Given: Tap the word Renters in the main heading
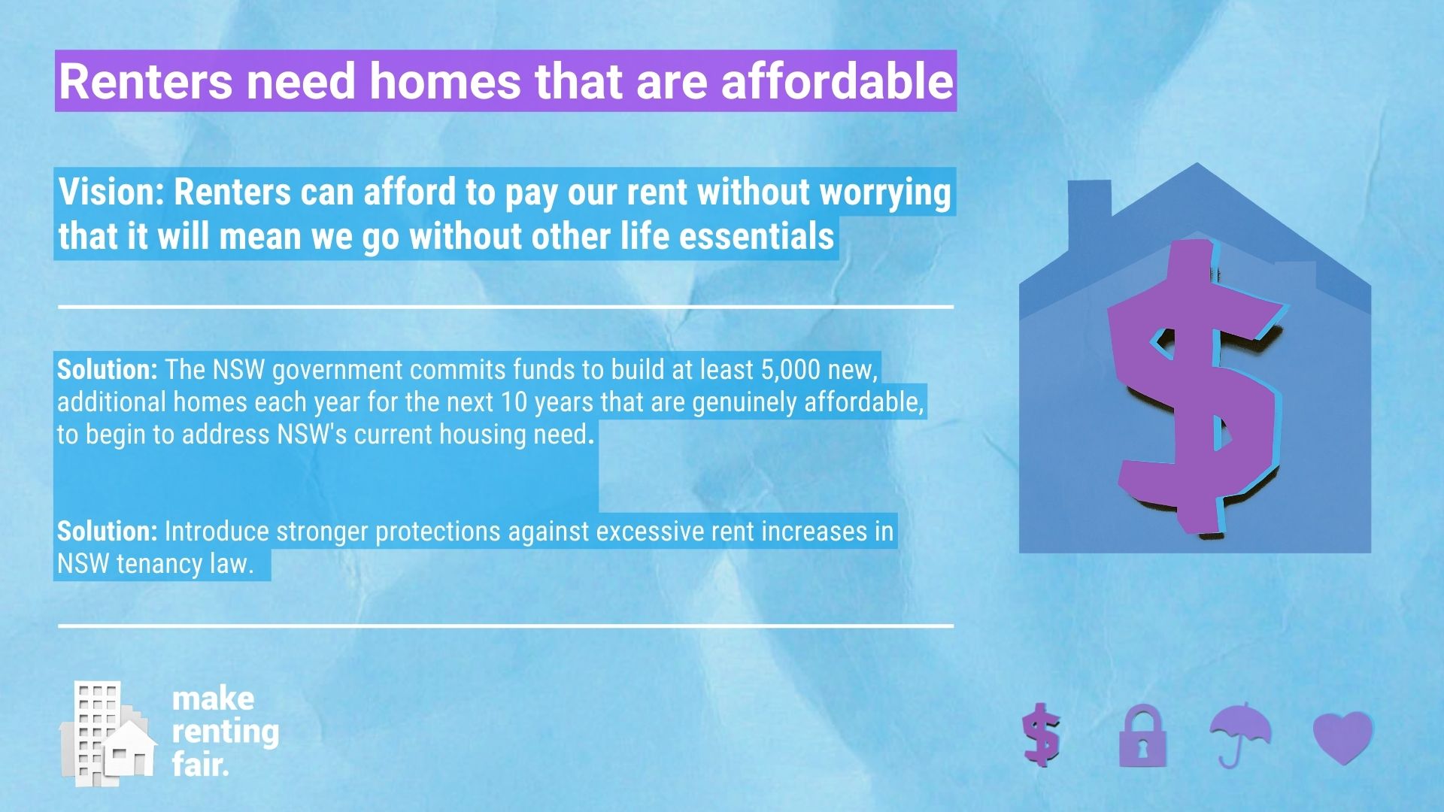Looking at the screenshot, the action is (x=146, y=80).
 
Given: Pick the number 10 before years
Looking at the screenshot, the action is (x=514, y=402).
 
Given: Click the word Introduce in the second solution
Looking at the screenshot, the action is (x=217, y=532).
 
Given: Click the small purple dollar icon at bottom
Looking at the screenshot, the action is (x=1042, y=735).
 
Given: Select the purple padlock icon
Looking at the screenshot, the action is (x=1142, y=736).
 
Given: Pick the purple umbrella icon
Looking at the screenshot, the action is (x=1240, y=734).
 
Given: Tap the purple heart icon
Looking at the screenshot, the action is (x=1343, y=738).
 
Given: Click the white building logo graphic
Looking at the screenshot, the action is (x=108, y=734).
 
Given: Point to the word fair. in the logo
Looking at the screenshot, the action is (x=200, y=765).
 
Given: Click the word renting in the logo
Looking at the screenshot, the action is (x=225, y=732).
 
